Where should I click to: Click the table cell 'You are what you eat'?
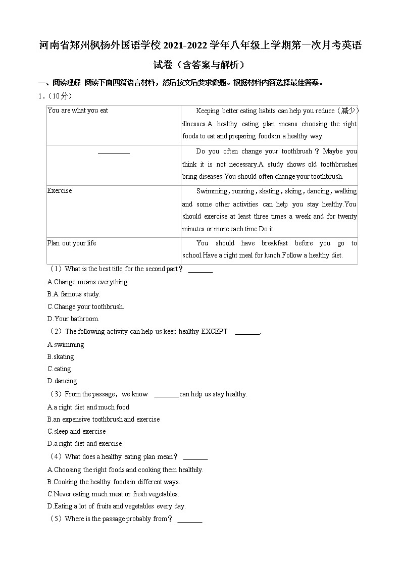78,111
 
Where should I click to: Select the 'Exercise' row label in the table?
60,191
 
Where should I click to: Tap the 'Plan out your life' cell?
72,243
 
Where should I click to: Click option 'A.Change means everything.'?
88,282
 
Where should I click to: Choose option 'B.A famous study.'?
74,294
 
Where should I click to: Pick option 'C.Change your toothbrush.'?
85,306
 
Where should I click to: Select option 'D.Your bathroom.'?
73,319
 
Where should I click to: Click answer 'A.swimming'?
66,345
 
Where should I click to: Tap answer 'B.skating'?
61,357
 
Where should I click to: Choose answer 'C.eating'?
59,369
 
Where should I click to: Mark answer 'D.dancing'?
62,381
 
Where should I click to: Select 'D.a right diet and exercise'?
84,444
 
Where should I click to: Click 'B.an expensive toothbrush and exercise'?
104,420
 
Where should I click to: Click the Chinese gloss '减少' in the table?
349,111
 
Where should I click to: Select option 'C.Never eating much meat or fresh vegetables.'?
113,494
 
